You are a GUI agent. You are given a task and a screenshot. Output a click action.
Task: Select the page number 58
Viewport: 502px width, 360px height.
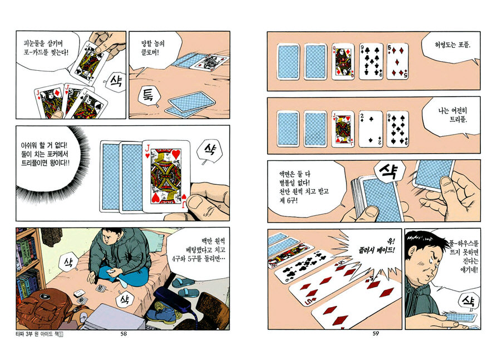click(124, 334)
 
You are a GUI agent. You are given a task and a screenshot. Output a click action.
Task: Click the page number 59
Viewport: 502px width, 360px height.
click(376, 333)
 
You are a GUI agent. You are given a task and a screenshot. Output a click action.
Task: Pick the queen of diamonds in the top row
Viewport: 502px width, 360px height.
click(343, 61)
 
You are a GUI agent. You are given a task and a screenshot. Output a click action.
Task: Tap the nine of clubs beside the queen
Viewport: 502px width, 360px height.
click(371, 61)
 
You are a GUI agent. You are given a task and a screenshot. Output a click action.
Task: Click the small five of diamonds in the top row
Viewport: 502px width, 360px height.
click(397, 61)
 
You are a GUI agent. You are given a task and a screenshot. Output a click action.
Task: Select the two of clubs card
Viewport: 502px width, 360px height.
click(371, 129)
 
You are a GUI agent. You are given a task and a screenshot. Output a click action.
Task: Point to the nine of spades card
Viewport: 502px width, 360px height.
click(397, 129)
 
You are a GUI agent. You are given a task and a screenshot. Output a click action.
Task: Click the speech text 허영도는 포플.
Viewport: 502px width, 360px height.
click(452, 45)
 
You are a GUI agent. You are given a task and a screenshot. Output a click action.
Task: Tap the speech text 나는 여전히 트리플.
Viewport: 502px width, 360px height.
click(452, 115)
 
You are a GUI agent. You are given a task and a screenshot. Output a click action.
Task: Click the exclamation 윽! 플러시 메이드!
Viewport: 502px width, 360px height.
click(377, 246)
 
